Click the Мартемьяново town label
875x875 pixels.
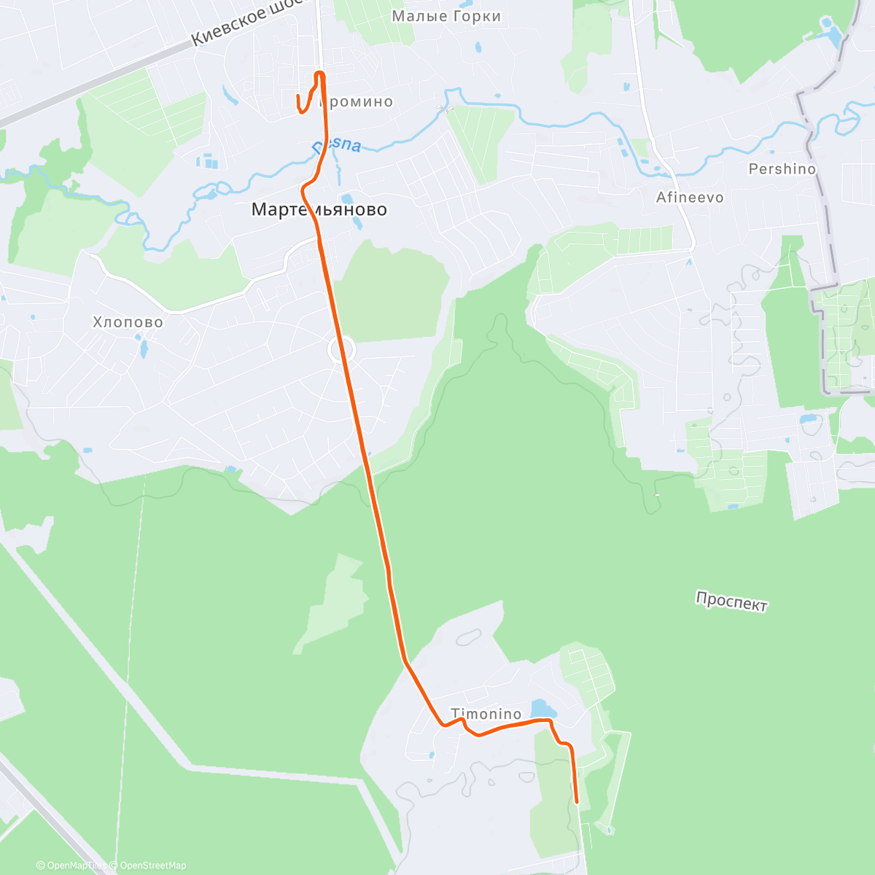click(319, 210)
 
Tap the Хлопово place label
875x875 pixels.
click(128, 322)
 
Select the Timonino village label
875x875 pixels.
click(486, 714)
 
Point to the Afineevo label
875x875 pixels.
click(690, 198)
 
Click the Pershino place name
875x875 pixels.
click(782, 168)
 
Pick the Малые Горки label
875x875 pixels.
click(446, 16)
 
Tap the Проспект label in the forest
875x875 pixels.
click(731, 602)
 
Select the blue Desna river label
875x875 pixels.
click(337, 144)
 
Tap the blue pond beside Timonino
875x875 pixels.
click(542, 709)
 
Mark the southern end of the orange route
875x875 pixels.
click(577, 802)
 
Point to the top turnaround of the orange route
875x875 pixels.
click(319, 73)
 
